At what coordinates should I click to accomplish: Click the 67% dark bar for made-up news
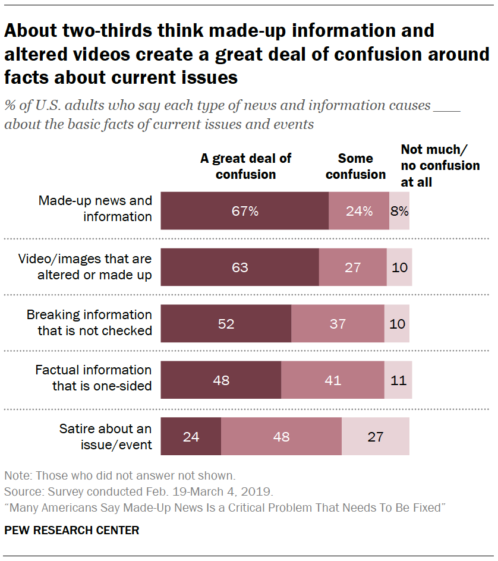point(244,211)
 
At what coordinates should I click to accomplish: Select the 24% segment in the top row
point(359,211)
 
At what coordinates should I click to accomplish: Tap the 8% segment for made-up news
point(399,211)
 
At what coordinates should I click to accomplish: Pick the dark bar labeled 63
point(239,267)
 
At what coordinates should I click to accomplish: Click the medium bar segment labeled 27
point(353,267)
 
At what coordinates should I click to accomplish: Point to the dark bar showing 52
point(226,324)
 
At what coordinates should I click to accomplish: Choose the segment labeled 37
point(338,324)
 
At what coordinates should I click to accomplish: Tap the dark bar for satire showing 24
point(191,437)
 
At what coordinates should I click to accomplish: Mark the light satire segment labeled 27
point(375,437)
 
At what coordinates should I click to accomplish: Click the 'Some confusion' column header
point(355,166)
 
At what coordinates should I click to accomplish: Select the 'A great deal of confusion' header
point(246,166)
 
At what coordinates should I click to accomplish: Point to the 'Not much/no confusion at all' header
point(440,166)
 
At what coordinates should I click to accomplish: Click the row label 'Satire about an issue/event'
point(105,437)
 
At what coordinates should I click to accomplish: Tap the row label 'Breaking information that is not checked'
point(89,323)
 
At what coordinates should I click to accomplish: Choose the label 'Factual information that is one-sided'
point(93,378)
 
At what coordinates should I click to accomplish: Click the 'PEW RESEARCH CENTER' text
point(72,530)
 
